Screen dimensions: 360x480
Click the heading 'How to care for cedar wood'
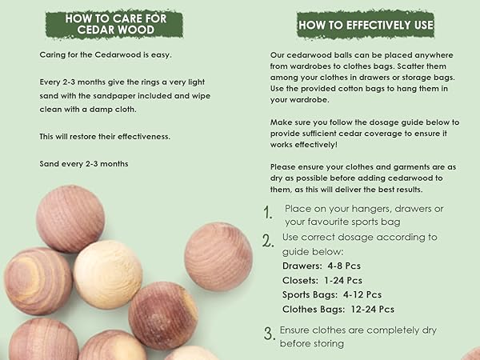click(x=111, y=24)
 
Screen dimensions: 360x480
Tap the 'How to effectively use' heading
click(x=366, y=25)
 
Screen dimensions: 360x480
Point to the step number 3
click(x=268, y=334)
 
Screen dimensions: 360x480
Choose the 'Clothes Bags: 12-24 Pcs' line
click(x=338, y=309)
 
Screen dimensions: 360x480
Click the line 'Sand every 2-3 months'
click(x=84, y=164)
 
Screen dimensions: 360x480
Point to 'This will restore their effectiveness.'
click(x=105, y=137)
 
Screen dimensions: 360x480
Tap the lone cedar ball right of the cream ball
click(x=218, y=256)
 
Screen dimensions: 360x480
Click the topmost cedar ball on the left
click(x=70, y=218)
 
